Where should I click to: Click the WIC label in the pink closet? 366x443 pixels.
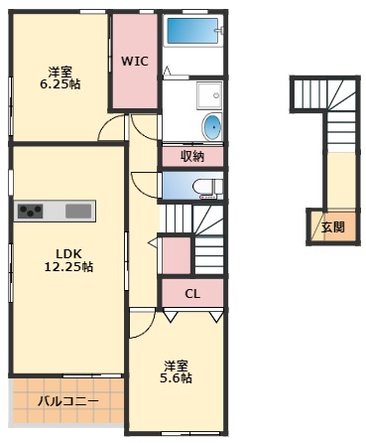tap(134, 61)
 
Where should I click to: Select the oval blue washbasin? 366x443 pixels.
tap(213, 127)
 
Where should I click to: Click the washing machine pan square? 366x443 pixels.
tap(210, 96)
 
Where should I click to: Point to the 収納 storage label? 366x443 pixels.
tap(193, 156)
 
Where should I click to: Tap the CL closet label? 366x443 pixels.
tap(192, 293)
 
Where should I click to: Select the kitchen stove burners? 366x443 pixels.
tap(30, 211)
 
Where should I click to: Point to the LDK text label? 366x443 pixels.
tap(67, 252)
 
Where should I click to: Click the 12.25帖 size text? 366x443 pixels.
tap(67, 267)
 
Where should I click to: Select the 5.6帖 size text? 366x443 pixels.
tap(178, 378)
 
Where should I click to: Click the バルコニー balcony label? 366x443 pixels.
tap(67, 402)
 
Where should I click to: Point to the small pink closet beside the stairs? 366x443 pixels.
tap(176, 256)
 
